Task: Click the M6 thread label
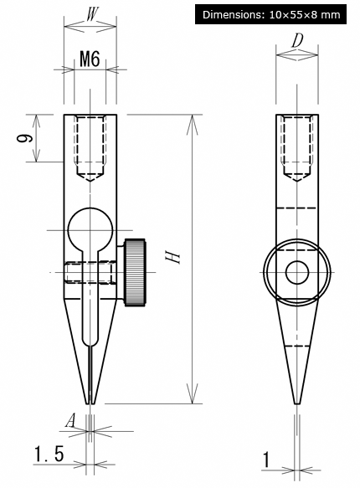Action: (x=90, y=59)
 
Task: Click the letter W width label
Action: (x=90, y=14)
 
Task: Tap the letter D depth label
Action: (x=297, y=40)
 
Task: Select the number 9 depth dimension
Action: (x=24, y=137)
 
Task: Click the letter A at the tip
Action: (x=70, y=421)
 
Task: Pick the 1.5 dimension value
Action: (x=49, y=454)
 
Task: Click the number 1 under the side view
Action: (x=266, y=460)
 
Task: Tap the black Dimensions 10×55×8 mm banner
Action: (x=270, y=14)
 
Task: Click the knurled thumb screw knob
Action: (x=136, y=272)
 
